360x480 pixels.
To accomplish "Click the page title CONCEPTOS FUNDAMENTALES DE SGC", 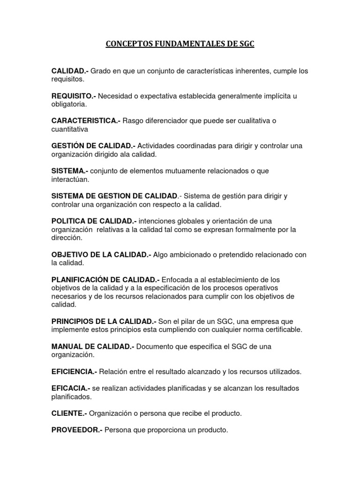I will coord(180,45).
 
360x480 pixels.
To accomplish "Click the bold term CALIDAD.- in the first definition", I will coord(70,71).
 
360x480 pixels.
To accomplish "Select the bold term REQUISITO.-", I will coord(74,96).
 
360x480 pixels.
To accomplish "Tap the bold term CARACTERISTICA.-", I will coord(86,121).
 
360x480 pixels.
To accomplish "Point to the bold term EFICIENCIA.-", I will coord(75,372).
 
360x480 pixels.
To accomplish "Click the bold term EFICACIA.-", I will coord(71,389).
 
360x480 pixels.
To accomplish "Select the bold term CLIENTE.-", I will coord(69,413).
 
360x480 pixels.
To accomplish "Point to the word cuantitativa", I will coord(70,129).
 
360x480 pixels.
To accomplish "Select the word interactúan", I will coord(70,180).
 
